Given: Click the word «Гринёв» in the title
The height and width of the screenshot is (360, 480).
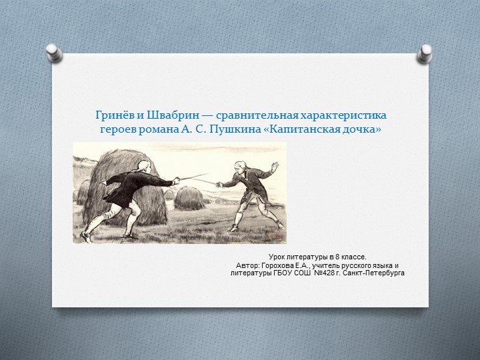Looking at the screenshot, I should click(x=110, y=116).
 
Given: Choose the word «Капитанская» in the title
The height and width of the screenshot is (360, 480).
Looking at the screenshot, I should click(x=305, y=129).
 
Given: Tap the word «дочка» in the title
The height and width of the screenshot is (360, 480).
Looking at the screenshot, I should click(x=363, y=129).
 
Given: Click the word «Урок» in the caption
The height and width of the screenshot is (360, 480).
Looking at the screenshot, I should click(x=279, y=257).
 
